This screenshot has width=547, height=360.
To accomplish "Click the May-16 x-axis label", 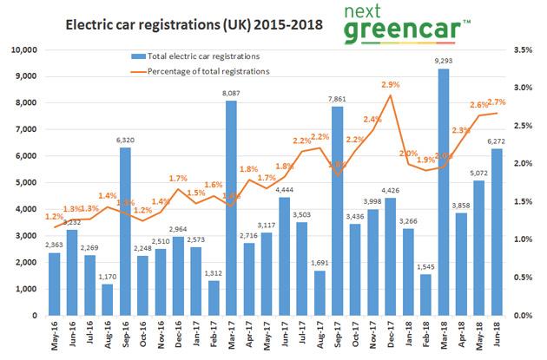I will pos(54,335).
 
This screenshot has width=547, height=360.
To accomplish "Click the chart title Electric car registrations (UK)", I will pos(182,26).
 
